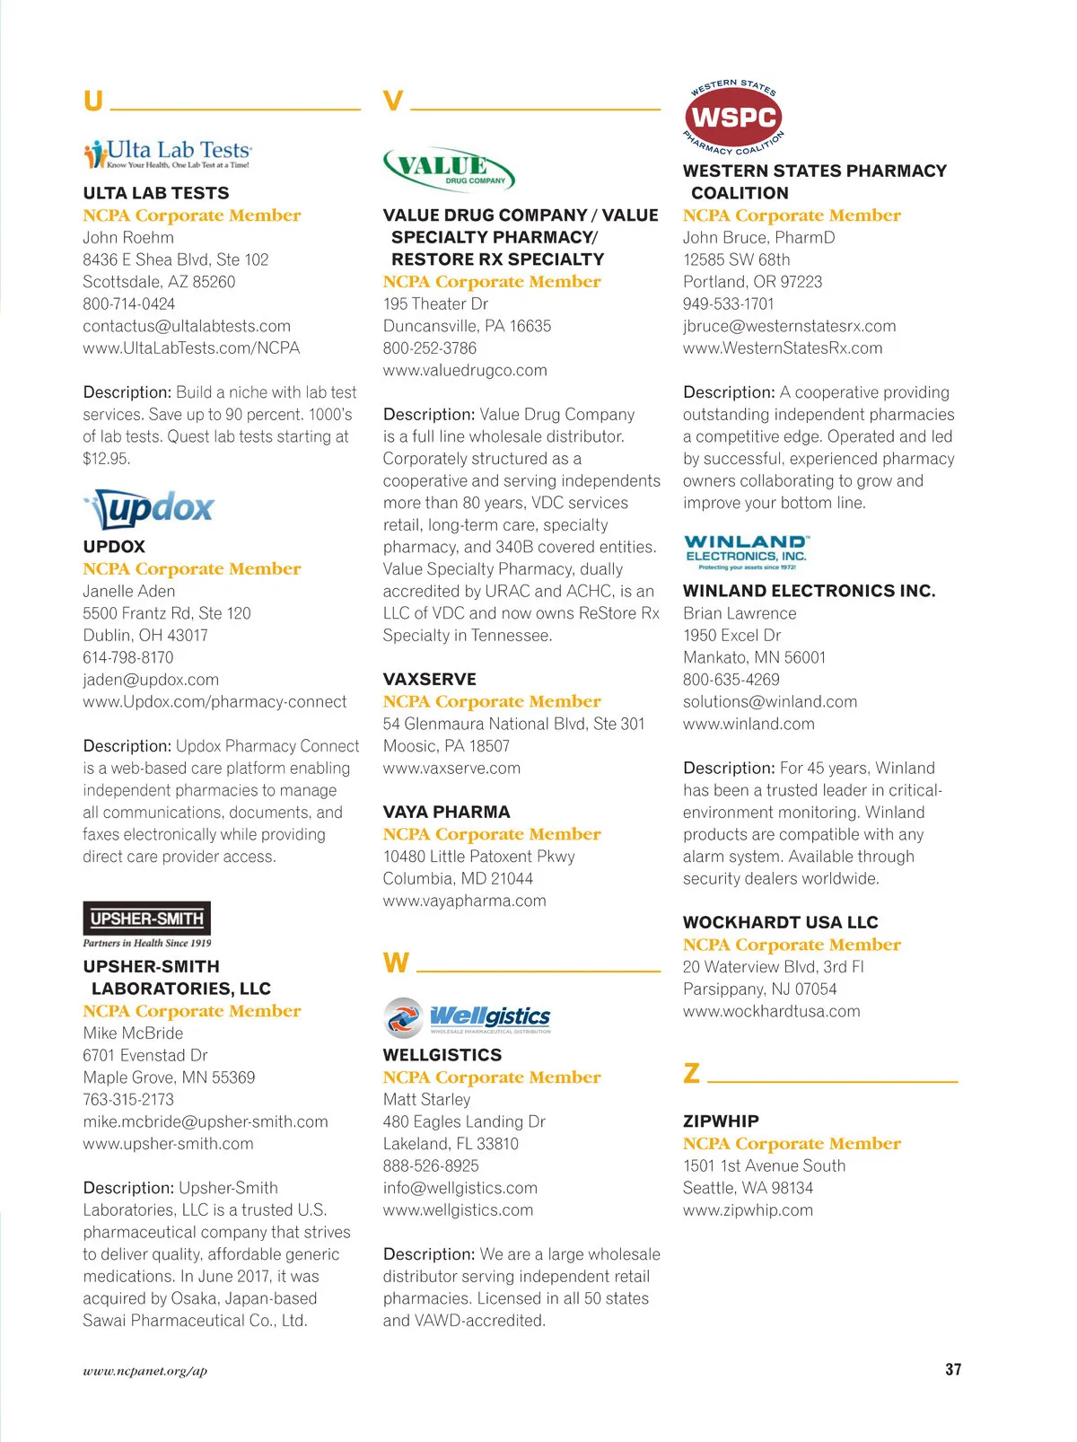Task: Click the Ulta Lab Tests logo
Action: coord(168,154)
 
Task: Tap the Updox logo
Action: coord(150,510)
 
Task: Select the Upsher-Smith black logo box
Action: coord(147,919)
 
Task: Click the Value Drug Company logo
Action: coord(449,169)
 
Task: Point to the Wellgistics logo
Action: coord(468,1017)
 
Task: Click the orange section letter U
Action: coord(92,101)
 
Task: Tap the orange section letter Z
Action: coord(691,1073)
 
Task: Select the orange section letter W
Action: coord(396,963)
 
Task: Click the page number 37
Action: coord(953,1369)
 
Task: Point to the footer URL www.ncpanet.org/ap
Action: coord(145,1371)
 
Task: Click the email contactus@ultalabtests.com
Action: coord(187,326)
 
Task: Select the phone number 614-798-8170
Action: coord(128,657)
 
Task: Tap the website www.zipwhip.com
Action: coord(748,1210)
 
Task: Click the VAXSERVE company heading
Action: coord(430,680)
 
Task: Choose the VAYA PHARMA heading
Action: coord(446,812)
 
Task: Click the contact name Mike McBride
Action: coord(133,1033)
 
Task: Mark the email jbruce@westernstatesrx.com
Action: coord(789,326)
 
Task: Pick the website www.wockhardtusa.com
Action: coord(771,1011)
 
